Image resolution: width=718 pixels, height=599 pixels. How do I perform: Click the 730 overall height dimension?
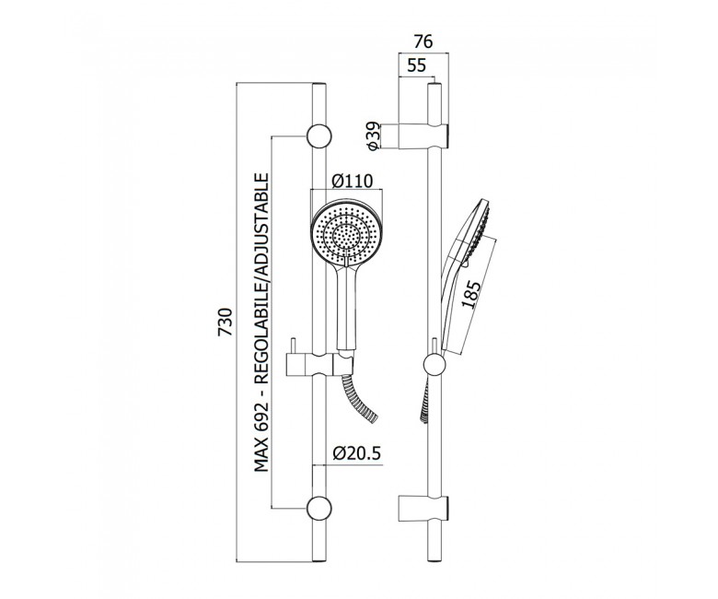(226, 322)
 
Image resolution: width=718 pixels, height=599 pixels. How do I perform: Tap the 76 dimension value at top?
(423, 41)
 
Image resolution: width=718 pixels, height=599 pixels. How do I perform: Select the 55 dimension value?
(416, 66)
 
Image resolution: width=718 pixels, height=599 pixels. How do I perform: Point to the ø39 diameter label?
(373, 135)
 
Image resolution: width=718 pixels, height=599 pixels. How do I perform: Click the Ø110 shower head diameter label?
(353, 181)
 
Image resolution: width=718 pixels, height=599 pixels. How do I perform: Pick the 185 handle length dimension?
(471, 294)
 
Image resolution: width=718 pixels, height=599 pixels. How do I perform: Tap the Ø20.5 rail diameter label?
(357, 453)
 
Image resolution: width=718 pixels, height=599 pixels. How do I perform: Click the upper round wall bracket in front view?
(319, 136)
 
